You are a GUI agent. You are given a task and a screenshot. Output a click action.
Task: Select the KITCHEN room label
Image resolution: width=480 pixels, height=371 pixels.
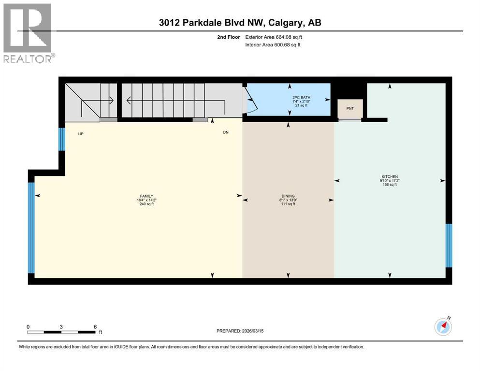point(389,177)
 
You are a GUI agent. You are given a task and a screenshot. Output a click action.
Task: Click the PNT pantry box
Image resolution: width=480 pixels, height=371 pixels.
point(350,108)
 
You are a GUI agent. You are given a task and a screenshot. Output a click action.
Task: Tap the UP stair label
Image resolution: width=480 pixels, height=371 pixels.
point(82,133)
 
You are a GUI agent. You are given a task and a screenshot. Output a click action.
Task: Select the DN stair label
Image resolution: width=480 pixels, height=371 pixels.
point(226,132)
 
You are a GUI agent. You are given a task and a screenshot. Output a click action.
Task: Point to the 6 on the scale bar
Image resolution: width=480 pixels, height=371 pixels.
point(95,327)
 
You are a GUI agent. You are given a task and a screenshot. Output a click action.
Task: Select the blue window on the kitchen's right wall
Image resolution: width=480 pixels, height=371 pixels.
point(448,245)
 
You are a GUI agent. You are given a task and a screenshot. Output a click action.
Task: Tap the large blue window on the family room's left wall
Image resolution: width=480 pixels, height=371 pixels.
point(31,227)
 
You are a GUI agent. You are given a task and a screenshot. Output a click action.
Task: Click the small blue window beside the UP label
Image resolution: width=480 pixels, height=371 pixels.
point(61,139)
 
